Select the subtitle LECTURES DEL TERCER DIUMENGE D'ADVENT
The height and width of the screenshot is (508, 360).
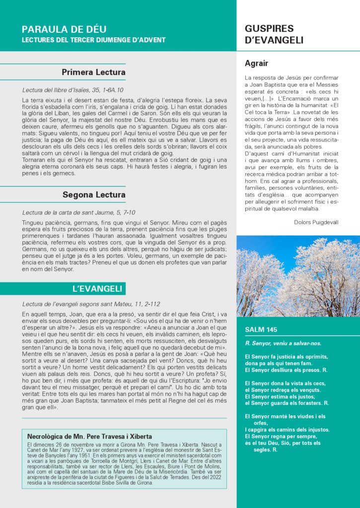[94, 40]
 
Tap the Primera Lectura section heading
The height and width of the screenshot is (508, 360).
[93, 72]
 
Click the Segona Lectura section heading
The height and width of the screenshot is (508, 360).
[94, 194]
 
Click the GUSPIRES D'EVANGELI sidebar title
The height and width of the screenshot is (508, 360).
[274, 34]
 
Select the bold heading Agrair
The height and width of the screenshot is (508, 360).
[257, 63]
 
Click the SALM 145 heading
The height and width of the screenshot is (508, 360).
[261, 330]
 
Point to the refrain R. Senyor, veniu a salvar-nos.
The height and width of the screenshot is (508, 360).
[283, 343]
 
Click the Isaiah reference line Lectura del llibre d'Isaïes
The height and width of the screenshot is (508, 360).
[73, 90]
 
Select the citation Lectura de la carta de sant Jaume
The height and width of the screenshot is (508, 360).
[78, 212]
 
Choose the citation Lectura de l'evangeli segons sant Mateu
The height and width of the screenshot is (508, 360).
[91, 304]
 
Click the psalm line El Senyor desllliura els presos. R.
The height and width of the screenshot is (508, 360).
[286, 370]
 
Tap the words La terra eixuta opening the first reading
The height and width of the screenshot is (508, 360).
[41, 100]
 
